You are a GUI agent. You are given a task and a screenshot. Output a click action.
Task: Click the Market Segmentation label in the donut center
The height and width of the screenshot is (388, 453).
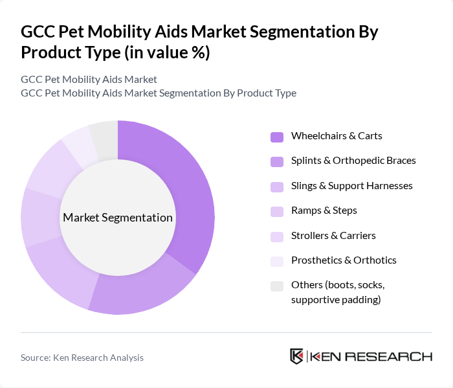[118, 218]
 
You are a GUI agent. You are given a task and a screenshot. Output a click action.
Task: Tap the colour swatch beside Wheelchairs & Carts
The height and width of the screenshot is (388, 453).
[276, 137]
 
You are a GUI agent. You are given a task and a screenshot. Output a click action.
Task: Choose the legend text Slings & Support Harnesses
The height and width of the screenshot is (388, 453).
[351, 186]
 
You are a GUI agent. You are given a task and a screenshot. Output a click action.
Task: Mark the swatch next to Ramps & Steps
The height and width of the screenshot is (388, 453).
[276, 211]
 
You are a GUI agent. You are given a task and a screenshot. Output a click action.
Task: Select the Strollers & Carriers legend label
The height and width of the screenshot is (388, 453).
[333, 235]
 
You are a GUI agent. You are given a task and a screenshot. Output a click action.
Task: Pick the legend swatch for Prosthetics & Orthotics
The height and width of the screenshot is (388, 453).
[276, 261]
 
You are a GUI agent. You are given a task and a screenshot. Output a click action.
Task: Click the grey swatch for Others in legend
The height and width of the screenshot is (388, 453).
[276, 286]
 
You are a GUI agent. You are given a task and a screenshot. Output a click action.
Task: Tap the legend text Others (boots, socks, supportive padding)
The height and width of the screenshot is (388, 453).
[337, 292]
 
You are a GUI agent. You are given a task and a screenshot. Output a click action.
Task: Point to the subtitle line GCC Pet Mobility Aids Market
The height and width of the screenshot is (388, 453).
[89, 80]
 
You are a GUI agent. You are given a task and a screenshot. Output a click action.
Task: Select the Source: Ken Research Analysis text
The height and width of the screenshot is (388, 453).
[82, 358]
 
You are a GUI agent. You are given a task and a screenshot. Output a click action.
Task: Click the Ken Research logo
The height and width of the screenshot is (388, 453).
[360, 356]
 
